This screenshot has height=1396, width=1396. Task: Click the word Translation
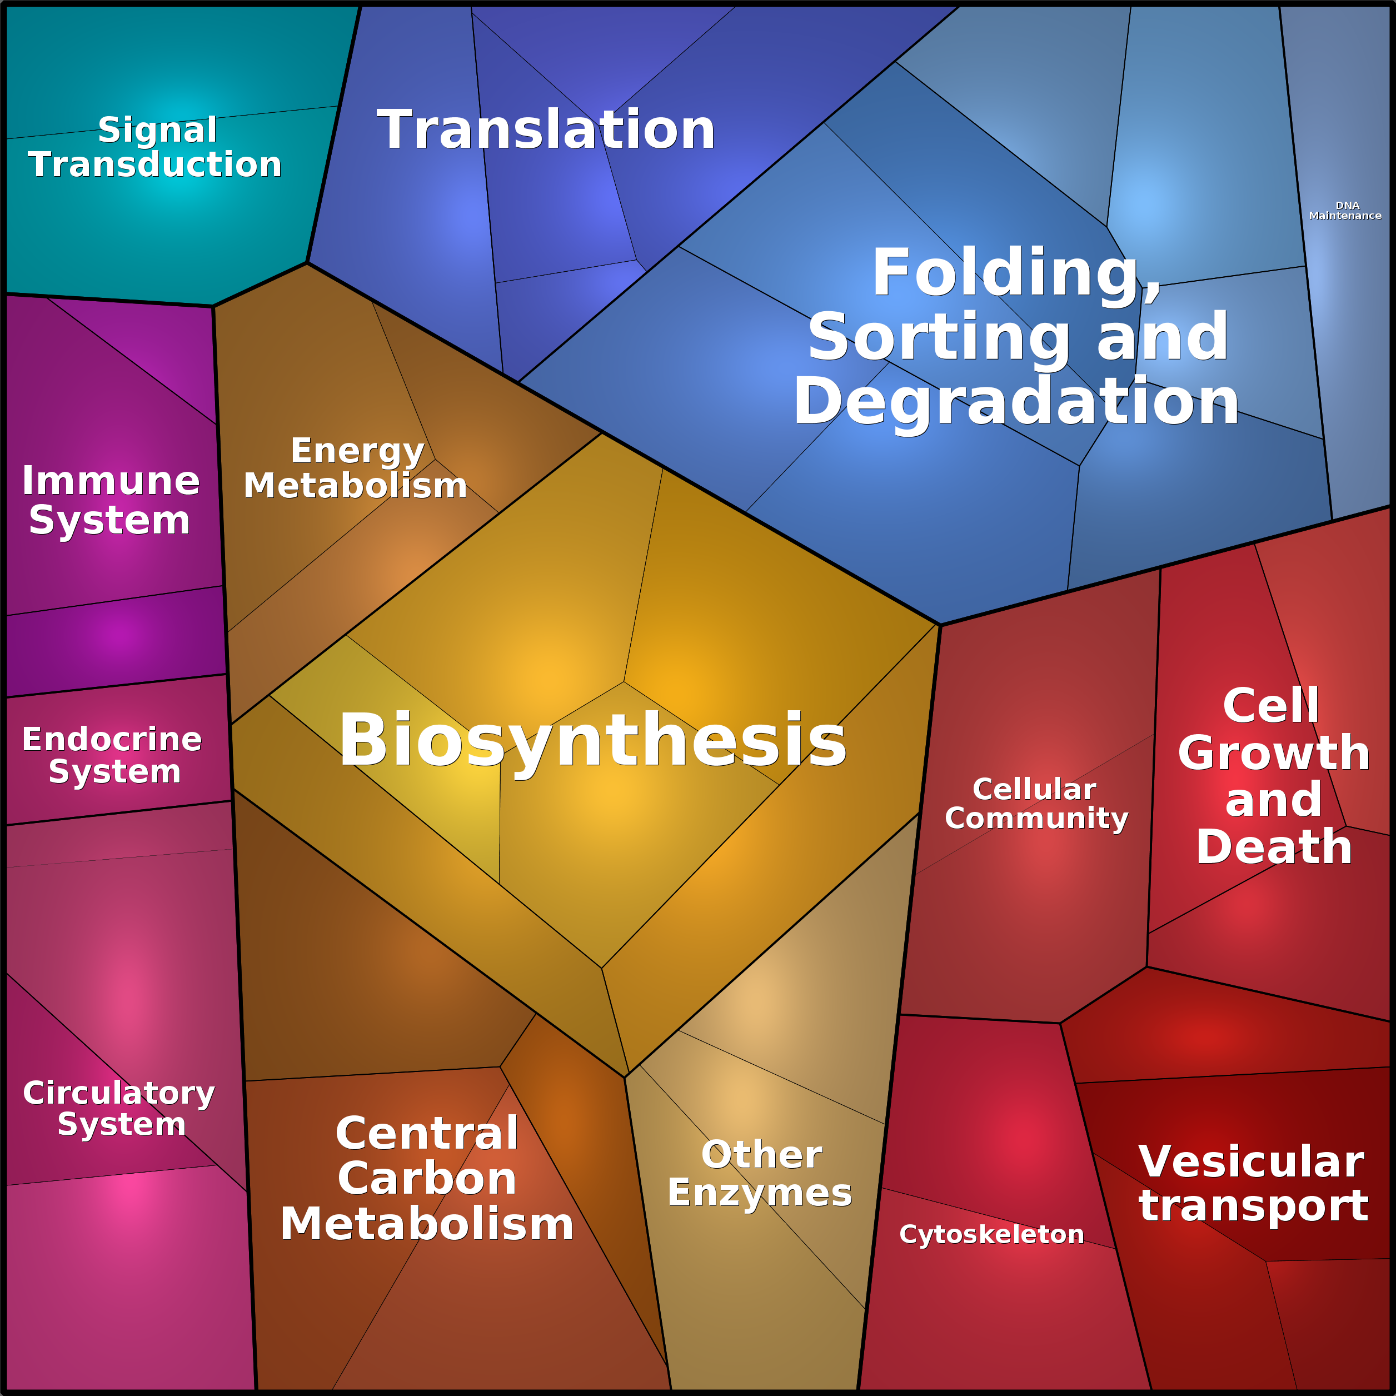click(x=546, y=130)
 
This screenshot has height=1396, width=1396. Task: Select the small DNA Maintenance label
click(x=1345, y=210)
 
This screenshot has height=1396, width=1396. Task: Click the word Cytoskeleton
click(x=991, y=1234)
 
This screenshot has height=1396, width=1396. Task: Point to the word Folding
click(x=1015, y=273)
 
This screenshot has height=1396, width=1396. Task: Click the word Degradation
click(x=1015, y=402)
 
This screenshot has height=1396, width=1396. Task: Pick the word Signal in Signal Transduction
click(x=157, y=130)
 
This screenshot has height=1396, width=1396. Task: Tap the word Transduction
click(x=154, y=164)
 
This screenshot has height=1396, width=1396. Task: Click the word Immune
click(x=111, y=481)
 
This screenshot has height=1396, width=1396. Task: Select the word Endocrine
click(x=112, y=739)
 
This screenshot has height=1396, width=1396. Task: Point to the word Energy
click(x=357, y=452)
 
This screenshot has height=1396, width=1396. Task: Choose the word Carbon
click(x=427, y=1179)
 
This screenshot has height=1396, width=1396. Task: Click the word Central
click(x=427, y=1133)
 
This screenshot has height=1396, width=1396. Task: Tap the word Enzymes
click(x=760, y=1192)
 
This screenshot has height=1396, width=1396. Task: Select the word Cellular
click(x=1034, y=789)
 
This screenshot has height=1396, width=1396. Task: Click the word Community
click(x=1036, y=818)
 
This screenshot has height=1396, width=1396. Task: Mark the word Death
click(x=1274, y=847)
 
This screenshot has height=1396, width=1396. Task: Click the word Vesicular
click(x=1251, y=1162)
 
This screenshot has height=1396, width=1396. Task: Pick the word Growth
click(x=1274, y=753)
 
